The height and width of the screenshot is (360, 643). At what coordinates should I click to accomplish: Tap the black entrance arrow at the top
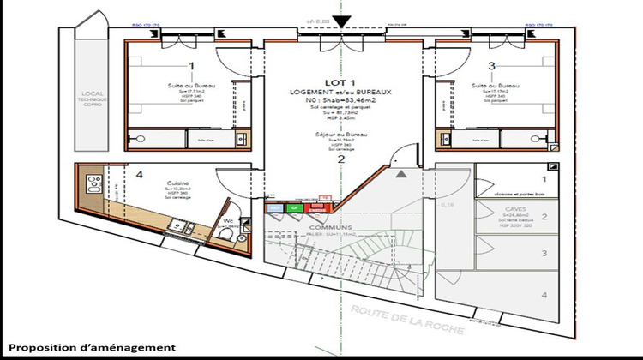pos(342,22)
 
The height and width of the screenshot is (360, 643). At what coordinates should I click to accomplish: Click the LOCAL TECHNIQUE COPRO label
pos(93,100)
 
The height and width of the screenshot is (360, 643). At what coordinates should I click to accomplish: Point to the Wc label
pos(228,220)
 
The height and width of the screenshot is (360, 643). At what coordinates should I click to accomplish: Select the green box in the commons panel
pos(293,207)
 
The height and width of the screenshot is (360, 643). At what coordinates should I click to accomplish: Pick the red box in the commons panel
pos(325,206)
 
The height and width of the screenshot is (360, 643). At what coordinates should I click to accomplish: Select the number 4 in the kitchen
pos(139,175)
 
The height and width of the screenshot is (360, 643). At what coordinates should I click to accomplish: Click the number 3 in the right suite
pos(491,65)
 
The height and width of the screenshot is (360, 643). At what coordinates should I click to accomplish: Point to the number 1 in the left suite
pos(191,65)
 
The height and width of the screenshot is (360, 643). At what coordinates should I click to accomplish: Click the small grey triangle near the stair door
pos(401,174)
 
